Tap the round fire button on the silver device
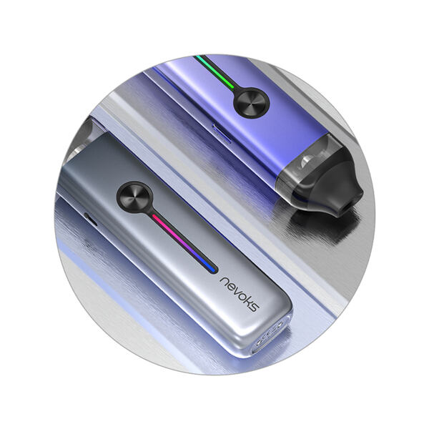(x=134, y=197)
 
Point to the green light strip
(x=215, y=71)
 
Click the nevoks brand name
(x=240, y=295)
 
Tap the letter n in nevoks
(x=225, y=282)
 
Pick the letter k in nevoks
(x=248, y=300)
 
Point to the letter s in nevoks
(x=254, y=307)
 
